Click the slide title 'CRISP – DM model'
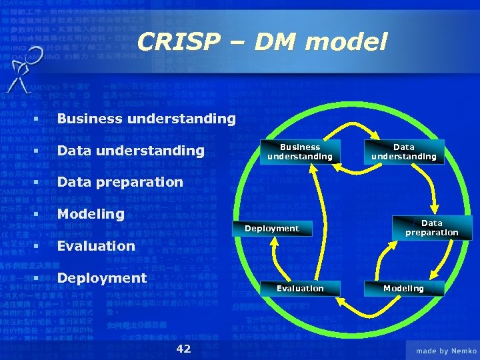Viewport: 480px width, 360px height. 261,43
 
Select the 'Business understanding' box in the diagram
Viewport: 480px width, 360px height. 299,152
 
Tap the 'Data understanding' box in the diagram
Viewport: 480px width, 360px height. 403,152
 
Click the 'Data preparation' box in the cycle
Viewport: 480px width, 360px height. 431,228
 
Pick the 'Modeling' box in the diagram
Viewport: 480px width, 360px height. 403,288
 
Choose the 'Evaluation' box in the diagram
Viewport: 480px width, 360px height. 300,288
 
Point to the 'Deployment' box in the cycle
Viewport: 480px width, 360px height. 271,229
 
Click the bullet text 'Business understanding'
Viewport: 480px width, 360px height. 146,119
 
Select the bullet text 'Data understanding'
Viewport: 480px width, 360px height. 131,151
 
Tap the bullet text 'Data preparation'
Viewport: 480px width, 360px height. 120,182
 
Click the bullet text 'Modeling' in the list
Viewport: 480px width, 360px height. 91,214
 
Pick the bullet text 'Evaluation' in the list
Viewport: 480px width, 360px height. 96,245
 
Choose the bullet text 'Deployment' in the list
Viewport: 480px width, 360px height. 101,277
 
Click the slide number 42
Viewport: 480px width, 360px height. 183,349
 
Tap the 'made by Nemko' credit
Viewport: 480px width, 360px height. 446,351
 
